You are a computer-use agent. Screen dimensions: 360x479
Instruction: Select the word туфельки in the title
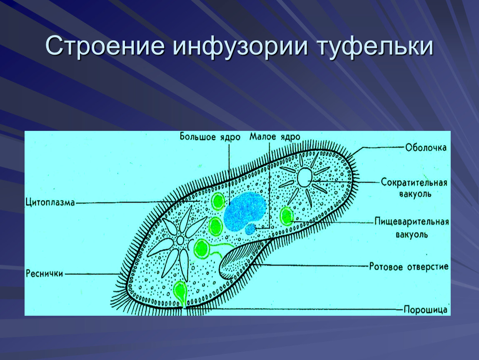click(x=375, y=47)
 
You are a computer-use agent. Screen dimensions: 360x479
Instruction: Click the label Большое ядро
click(x=210, y=137)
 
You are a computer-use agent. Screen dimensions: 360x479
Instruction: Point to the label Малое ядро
click(x=274, y=137)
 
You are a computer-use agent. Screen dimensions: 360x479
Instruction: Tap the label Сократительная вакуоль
click(x=414, y=188)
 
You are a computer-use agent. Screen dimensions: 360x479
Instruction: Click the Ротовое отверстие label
click(x=409, y=267)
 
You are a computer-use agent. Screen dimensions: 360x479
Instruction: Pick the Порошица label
click(x=425, y=310)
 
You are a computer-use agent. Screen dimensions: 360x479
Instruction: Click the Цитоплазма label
click(x=50, y=203)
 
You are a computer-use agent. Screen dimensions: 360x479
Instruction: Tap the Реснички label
click(x=44, y=274)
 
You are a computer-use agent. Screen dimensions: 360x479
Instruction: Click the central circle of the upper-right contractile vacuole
click(x=303, y=177)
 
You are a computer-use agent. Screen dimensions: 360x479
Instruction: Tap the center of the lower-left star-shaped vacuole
click(x=180, y=240)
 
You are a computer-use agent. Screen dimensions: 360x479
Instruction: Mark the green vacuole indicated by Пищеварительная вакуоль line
click(x=287, y=216)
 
